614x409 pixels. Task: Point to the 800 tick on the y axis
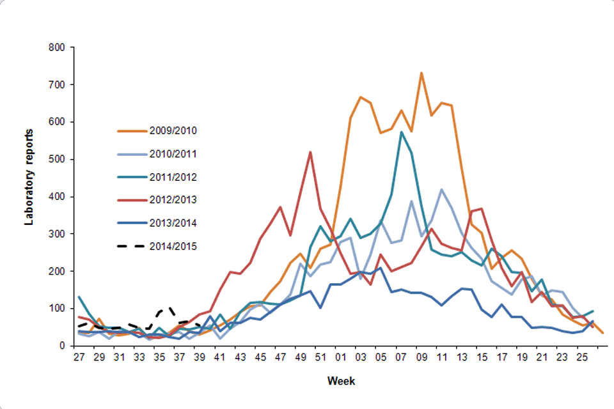pos(62,47)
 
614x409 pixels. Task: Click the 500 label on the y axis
pos(62,159)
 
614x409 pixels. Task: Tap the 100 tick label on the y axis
pos(62,309)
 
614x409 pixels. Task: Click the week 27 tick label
pos(79,357)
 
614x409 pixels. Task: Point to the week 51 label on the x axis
pos(320,357)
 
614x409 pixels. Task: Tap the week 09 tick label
pos(421,357)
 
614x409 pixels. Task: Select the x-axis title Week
pos(337,382)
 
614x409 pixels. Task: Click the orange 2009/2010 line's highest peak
pos(421,73)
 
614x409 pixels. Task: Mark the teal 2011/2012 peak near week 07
pos(401,132)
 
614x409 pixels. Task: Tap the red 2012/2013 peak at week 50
pos(310,152)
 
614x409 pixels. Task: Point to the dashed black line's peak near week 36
pos(169,307)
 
